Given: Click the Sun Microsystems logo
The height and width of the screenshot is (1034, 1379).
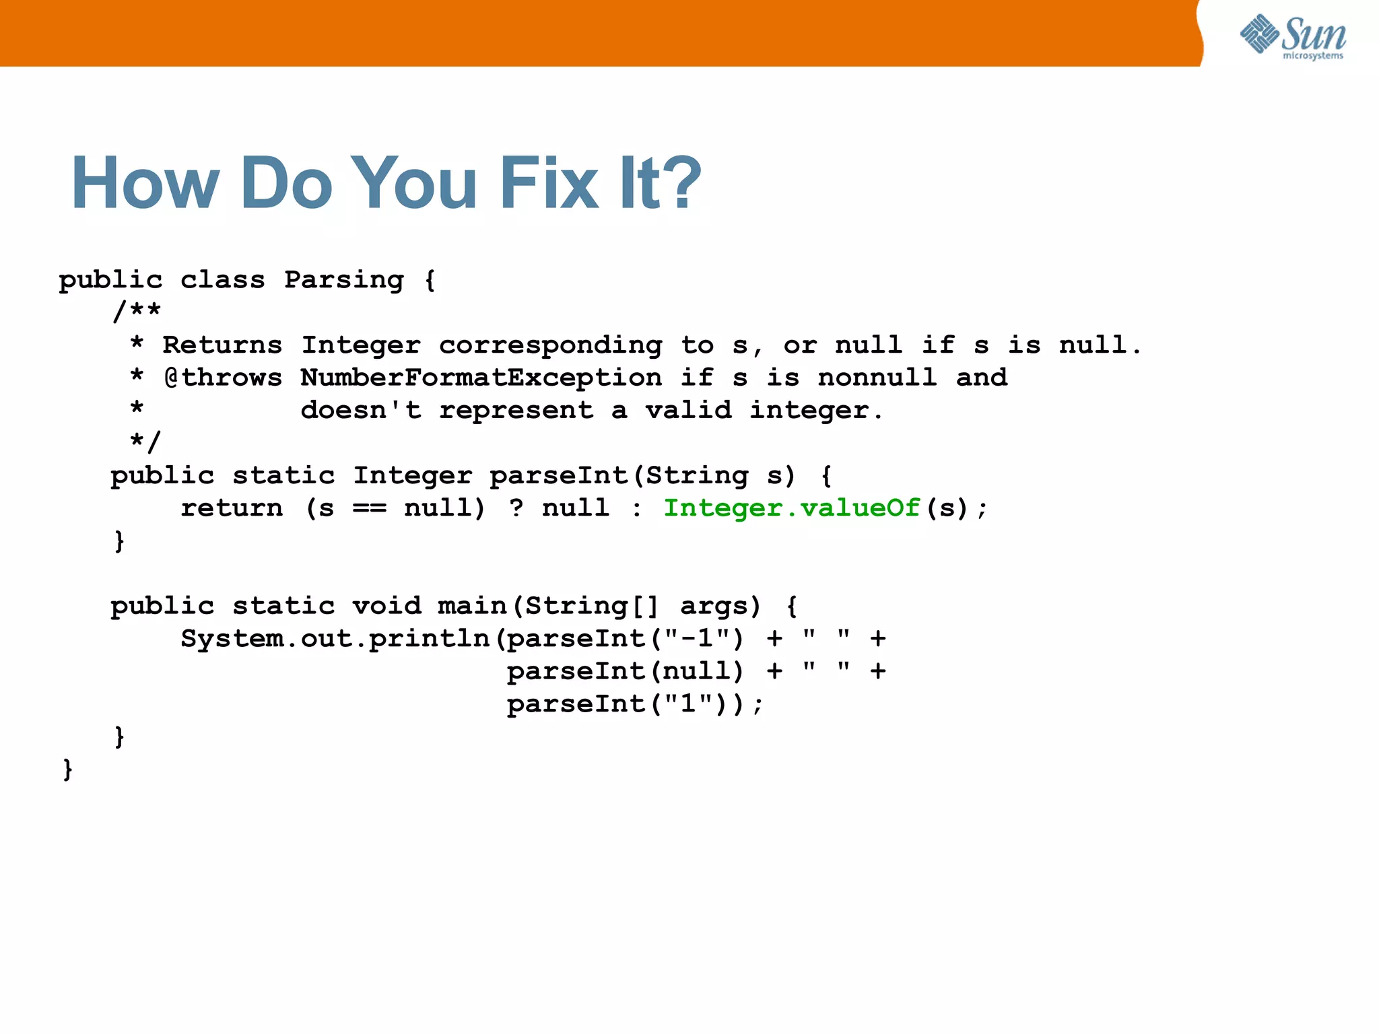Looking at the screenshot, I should (1293, 37).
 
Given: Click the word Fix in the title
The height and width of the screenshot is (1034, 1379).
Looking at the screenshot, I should (549, 183).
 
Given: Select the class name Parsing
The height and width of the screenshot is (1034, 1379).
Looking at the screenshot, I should (343, 279).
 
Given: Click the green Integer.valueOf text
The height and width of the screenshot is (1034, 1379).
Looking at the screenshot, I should (791, 508).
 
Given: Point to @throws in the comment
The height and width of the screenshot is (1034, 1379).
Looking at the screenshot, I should (223, 378).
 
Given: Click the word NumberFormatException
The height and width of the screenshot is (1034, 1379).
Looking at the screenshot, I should (481, 378).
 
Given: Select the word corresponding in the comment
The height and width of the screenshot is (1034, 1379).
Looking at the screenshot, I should (550, 346).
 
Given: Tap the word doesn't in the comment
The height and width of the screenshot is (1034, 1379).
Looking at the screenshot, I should (361, 410).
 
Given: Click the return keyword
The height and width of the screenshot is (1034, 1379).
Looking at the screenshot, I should (232, 508).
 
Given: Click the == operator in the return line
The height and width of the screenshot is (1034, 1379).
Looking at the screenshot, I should (370, 508).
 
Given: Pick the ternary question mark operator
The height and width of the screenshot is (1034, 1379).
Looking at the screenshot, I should (516, 508).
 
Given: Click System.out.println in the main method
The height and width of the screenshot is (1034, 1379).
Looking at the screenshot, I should (335, 639).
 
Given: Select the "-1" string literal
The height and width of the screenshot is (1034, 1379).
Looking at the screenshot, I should (697, 637).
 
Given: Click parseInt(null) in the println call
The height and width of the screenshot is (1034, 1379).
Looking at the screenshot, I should (625, 671).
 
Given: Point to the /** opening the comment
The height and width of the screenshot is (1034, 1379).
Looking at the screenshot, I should (137, 311).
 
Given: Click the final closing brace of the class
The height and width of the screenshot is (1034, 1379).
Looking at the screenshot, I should (67, 769).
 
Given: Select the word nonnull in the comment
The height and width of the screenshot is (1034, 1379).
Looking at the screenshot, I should (877, 378).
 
